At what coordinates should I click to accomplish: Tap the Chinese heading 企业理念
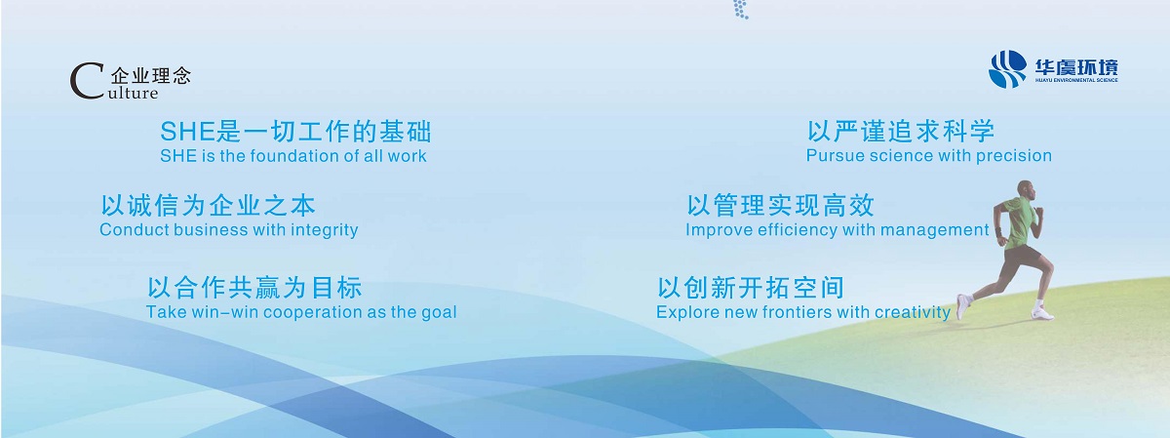pyautogui.click(x=151, y=76)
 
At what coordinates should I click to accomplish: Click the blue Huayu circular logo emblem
pyautogui.click(x=1007, y=69)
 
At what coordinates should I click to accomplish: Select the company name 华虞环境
pyautogui.click(x=1076, y=67)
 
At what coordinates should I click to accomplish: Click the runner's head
pyautogui.click(x=1027, y=189)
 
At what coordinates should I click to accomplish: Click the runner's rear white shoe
pyautogui.click(x=962, y=306)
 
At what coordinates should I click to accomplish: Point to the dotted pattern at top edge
pyautogui.click(x=741, y=10)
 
